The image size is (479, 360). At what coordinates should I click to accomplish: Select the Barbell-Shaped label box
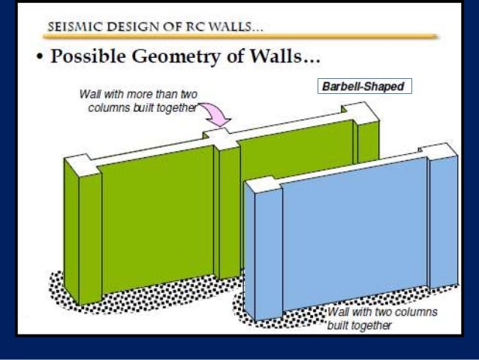(363, 86)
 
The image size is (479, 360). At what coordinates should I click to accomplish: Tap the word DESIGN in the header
(128, 25)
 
